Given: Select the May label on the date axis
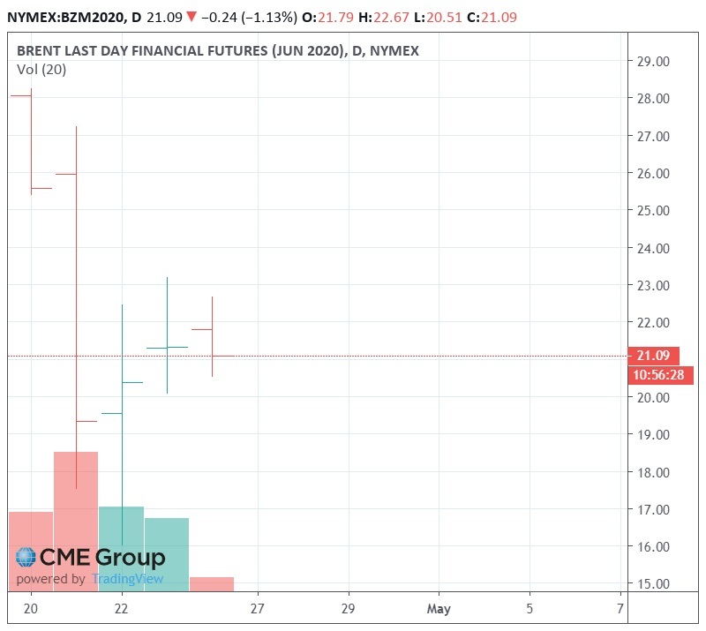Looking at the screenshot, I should click(438, 608).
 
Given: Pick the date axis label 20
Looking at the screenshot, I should click(31, 608).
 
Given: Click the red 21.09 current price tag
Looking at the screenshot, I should click(654, 357).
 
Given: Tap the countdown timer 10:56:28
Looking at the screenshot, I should click(661, 376).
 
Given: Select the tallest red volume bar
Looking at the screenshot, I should click(76, 521).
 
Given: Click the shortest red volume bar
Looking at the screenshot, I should click(212, 583).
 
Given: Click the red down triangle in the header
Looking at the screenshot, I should click(192, 15).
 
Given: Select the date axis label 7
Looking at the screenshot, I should click(620, 608).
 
